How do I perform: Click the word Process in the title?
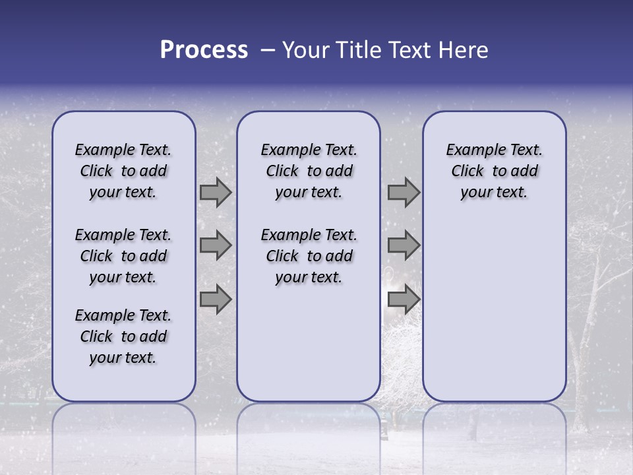click(x=204, y=50)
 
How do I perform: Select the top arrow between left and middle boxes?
click(x=216, y=192)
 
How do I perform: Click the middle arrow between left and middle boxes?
click(x=216, y=245)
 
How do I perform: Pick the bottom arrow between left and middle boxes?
click(x=216, y=300)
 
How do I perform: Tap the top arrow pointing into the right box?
click(x=404, y=192)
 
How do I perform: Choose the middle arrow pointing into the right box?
click(x=404, y=245)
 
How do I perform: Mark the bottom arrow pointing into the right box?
click(x=404, y=300)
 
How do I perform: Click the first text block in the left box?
click(x=123, y=171)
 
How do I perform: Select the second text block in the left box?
click(x=123, y=256)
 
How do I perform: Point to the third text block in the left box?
click(x=123, y=336)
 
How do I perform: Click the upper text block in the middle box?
click(x=309, y=171)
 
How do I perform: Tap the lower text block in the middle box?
click(x=309, y=256)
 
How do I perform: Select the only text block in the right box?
click(x=494, y=171)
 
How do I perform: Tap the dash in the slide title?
click(x=268, y=50)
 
